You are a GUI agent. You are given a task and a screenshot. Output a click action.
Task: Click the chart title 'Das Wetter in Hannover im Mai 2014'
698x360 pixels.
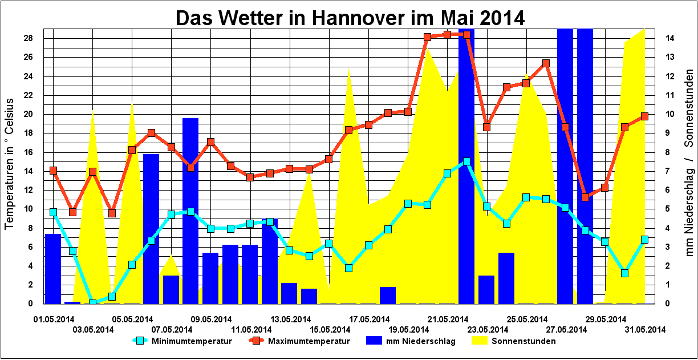coord(350,17)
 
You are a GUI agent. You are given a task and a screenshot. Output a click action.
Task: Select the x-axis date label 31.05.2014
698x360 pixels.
coord(646,329)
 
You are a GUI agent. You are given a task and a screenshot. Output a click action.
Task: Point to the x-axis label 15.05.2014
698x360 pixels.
coord(330,329)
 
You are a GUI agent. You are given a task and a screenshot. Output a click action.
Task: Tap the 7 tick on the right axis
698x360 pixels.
coord(668,171)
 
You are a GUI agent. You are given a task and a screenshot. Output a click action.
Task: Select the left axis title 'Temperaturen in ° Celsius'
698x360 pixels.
coord(10,165)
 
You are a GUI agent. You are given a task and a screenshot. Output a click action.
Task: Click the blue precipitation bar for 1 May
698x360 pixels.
coord(53,268)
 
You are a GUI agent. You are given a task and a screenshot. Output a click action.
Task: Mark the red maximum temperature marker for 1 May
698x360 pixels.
coord(53,171)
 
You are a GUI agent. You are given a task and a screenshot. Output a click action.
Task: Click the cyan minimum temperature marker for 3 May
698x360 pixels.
coord(92,303)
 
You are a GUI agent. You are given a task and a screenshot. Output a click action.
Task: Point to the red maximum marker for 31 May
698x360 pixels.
coord(644,116)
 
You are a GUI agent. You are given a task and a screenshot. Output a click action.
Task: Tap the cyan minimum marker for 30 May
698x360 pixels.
coord(624,273)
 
